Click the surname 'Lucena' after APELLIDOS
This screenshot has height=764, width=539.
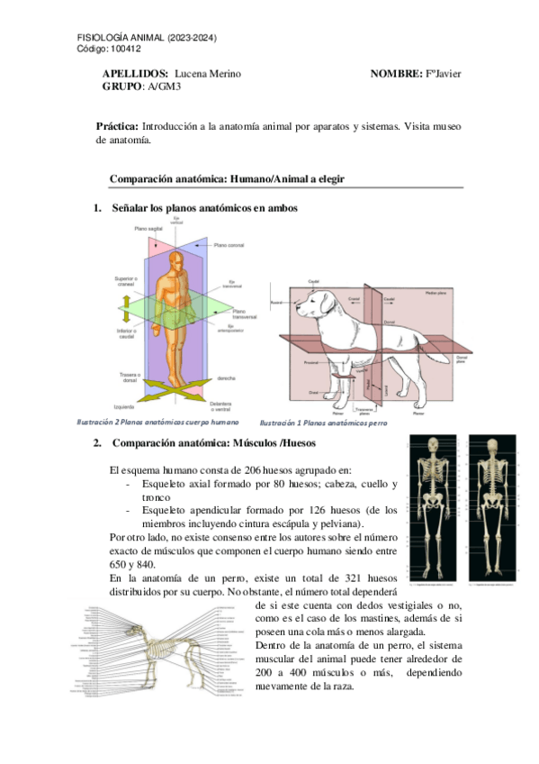[190, 73]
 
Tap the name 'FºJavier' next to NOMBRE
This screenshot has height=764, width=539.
[443, 73]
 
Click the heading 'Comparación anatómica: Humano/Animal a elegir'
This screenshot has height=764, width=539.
[227, 179]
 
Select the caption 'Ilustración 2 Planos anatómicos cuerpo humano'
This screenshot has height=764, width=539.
[158, 421]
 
